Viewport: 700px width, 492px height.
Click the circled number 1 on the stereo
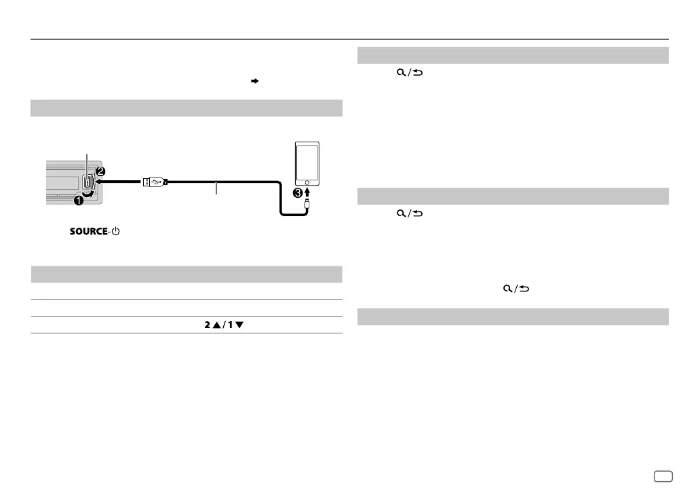coord(79,200)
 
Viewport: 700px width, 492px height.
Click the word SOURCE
coord(88,232)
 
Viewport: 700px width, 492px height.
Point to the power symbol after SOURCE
coord(115,232)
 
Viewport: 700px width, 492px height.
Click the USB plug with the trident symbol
coord(153,182)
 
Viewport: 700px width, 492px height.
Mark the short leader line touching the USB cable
coord(216,189)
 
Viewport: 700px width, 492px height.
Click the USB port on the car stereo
coord(88,182)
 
